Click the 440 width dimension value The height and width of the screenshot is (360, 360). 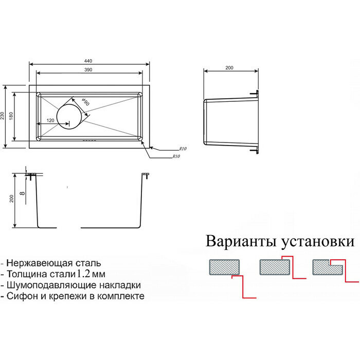(90, 61)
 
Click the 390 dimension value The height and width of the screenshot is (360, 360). (90, 69)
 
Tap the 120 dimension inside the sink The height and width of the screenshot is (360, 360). (50, 120)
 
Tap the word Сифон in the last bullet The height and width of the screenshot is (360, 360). (23, 296)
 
